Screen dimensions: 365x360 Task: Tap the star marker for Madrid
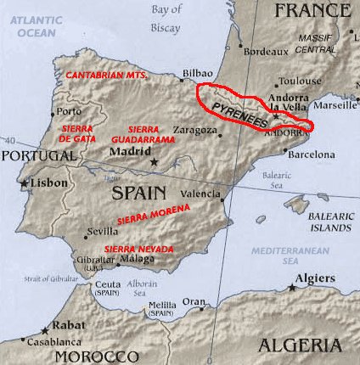coord(154,161)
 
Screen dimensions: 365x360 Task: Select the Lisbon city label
coord(50,183)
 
